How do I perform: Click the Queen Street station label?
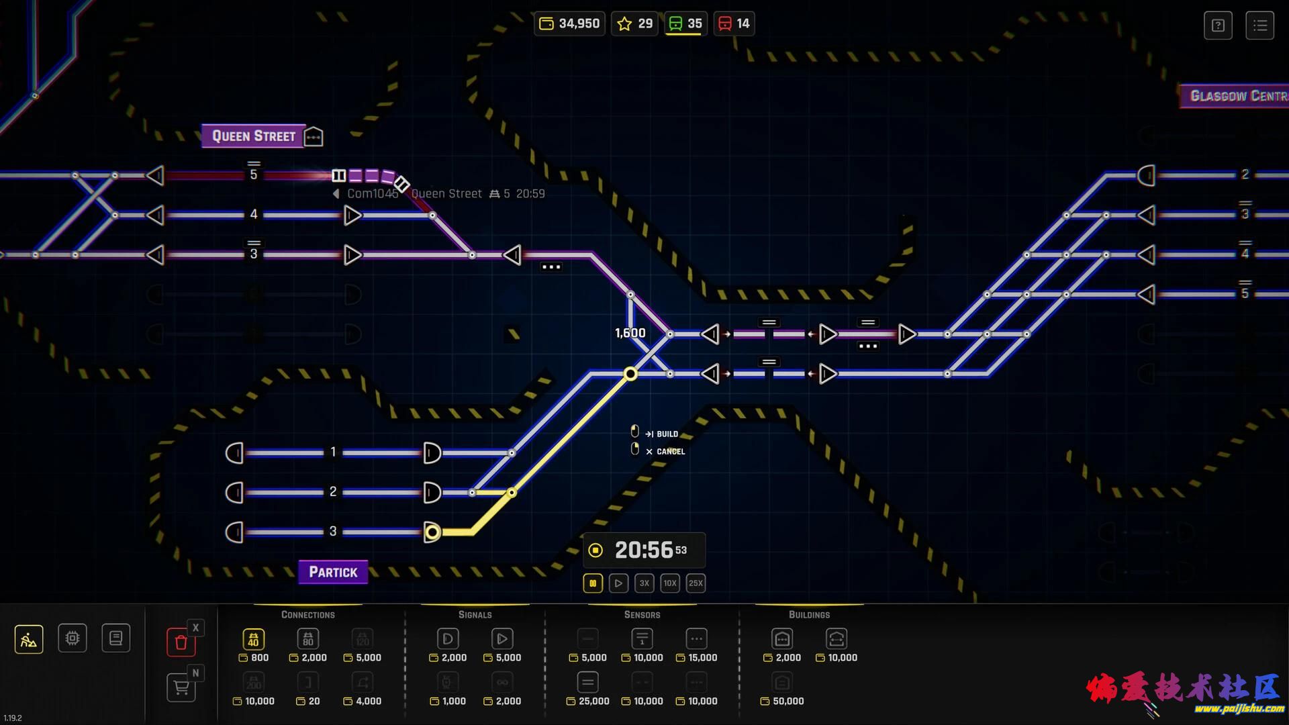tap(254, 136)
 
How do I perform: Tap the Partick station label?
tap(333, 572)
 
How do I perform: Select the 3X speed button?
tap(644, 583)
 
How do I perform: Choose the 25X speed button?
tap(696, 583)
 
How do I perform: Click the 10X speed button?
tap(670, 583)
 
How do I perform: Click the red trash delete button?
tap(181, 642)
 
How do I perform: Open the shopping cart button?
tap(181, 687)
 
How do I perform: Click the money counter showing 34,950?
tap(570, 23)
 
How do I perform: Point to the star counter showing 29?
tap(634, 23)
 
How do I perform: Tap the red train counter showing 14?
tap(734, 23)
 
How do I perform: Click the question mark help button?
tap(1218, 26)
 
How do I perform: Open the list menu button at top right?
tap(1259, 26)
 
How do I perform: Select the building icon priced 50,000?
tap(782, 683)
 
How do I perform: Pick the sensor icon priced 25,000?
tap(587, 683)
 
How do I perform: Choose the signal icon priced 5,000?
tap(502, 638)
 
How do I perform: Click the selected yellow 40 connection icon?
tap(253, 639)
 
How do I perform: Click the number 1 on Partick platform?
tap(333, 452)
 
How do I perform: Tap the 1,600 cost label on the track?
tap(630, 333)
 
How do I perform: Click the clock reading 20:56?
tap(644, 550)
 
